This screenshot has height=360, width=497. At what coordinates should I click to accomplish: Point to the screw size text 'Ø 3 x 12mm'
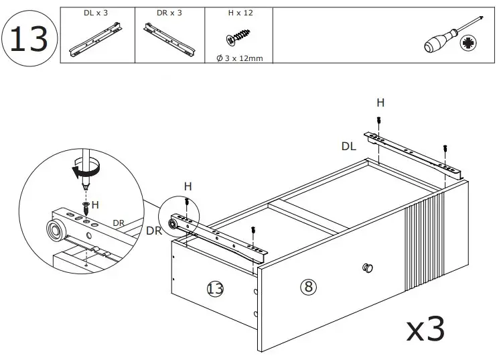click(x=239, y=58)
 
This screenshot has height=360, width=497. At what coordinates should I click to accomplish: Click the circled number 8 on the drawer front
click(x=307, y=287)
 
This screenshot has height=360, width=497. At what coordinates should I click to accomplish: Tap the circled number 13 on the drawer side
click(x=215, y=289)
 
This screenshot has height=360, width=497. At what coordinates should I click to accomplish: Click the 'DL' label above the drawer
click(x=348, y=145)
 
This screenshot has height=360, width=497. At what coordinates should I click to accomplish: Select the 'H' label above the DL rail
click(x=380, y=103)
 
